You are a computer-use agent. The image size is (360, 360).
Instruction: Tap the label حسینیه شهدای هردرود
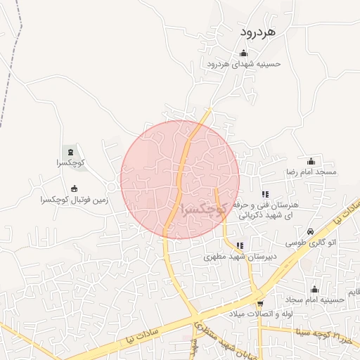point(244,63)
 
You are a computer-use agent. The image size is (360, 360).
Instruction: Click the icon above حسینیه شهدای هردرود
point(244,53)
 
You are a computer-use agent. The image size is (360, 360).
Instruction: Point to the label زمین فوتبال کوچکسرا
point(75,200)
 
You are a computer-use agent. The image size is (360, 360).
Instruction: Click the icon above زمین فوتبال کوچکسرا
point(75,188)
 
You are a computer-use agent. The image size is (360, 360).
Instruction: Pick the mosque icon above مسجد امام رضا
point(311,161)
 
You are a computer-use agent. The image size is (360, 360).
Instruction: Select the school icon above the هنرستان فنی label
point(264,194)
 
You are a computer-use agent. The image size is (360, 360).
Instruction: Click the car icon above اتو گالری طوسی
point(310,231)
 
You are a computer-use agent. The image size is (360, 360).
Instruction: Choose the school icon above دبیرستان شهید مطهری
point(240,246)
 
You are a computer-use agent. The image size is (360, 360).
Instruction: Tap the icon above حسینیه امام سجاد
point(314,289)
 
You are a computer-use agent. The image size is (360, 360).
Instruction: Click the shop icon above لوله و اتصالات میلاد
point(259,303)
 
